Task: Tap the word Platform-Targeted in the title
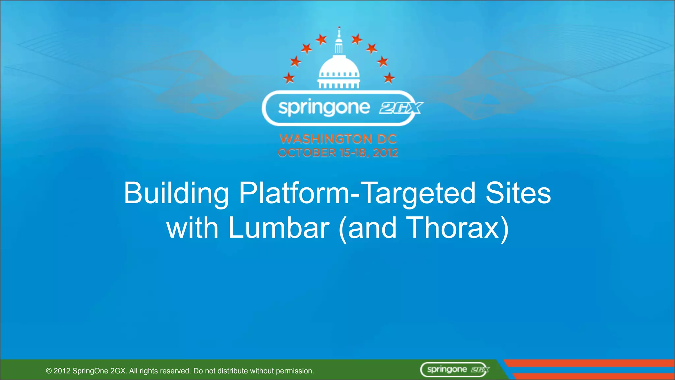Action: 357,194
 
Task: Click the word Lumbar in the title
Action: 279,228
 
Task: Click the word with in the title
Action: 192,228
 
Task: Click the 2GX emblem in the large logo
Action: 400,108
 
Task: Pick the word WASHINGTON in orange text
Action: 326,139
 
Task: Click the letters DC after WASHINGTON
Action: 387,139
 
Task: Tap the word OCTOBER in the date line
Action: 307,153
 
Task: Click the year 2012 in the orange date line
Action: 386,153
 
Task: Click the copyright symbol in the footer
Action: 49,371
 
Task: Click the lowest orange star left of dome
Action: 289,78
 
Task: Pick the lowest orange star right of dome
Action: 389,78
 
